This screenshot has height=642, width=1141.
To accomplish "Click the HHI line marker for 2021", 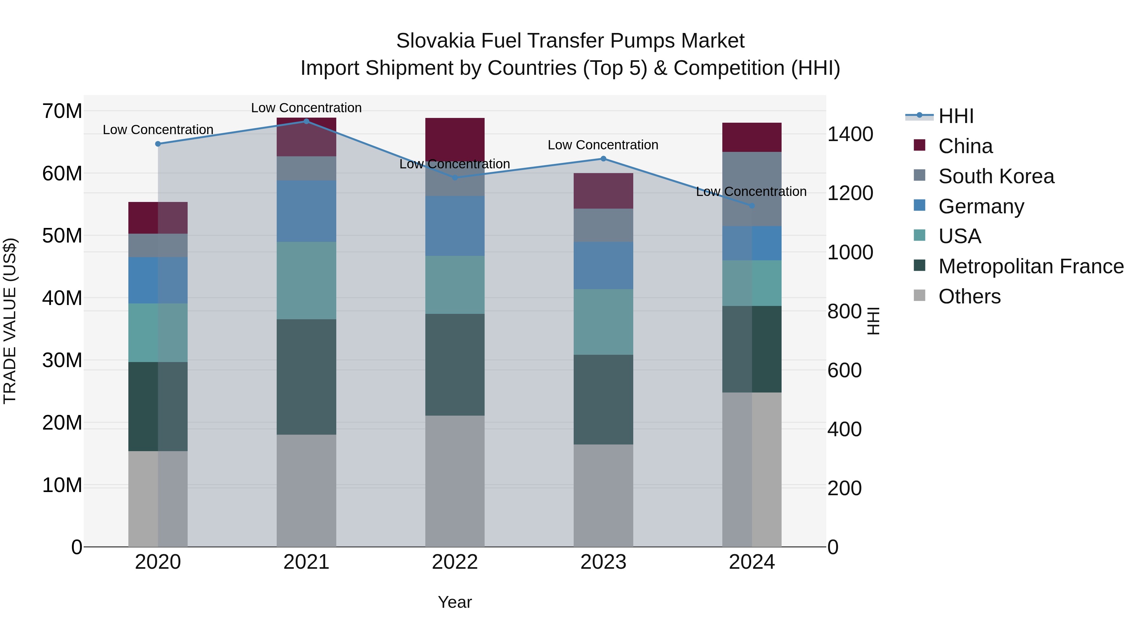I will [x=306, y=121].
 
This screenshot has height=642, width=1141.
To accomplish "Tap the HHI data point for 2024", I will [x=752, y=205].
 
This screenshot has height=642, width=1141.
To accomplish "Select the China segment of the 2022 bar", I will [x=455, y=137].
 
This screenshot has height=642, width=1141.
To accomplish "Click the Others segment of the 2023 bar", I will [x=603, y=495].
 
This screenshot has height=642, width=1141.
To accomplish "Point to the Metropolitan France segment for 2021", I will [x=306, y=377].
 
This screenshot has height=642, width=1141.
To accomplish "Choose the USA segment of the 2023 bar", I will [x=603, y=322].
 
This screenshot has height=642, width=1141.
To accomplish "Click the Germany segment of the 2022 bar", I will [x=455, y=226].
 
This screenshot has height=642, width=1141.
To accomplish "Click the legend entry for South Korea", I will [x=996, y=176].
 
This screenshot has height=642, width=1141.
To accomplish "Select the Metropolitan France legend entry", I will [x=1030, y=266].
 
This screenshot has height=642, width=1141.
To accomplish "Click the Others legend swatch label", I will [x=969, y=296].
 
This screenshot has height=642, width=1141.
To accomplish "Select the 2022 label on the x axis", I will [x=455, y=562].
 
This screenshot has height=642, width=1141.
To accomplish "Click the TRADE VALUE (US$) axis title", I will [x=10, y=321].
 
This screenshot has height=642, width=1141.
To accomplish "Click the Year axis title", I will [x=455, y=602].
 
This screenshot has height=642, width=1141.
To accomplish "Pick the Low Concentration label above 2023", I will [x=603, y=145].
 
